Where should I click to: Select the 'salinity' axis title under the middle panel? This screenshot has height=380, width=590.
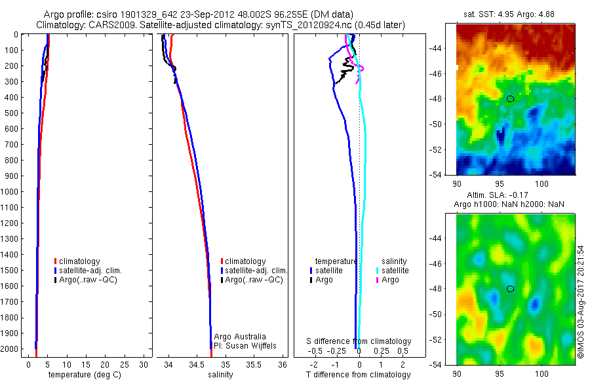click(x=221, y=375)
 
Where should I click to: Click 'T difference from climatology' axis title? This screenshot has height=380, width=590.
click(x=358, y=375)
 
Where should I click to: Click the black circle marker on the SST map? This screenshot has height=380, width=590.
click(x=510, y=98)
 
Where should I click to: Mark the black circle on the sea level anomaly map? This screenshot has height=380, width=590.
click(x=510, y=288)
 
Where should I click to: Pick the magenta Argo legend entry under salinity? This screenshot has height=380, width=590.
click(x=390, y=280)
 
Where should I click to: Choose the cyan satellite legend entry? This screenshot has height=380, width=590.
click(x=395, y=270)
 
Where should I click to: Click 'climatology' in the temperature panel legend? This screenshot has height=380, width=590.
click(x=79, y=261)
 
